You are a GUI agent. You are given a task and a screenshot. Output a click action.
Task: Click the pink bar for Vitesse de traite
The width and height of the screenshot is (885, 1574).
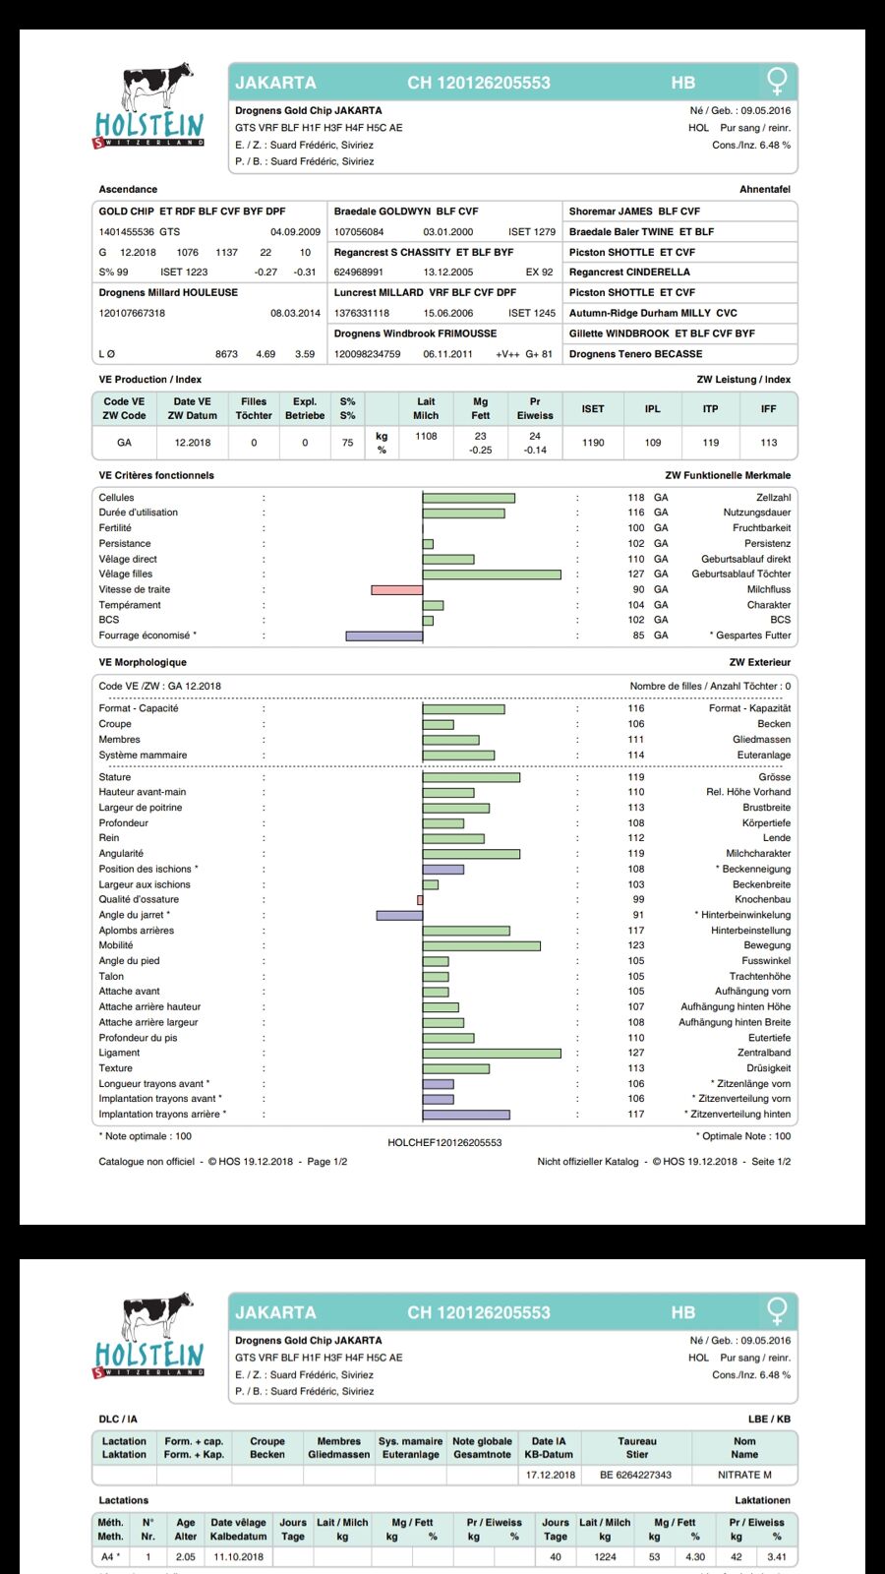[396, 589]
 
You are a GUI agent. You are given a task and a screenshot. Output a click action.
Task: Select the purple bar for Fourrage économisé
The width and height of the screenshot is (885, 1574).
[383, 636]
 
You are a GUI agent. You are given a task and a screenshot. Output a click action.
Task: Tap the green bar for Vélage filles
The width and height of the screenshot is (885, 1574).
[492, 574]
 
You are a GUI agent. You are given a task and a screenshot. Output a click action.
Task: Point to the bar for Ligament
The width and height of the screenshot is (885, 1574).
[492, 1053]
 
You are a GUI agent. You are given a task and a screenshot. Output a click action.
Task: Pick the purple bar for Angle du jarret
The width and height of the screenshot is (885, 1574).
[399, 915]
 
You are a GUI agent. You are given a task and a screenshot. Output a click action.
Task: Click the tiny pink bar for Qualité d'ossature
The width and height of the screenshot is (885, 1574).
[420, 899]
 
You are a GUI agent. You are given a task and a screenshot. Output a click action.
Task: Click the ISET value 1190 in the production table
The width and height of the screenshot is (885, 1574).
[593, 443]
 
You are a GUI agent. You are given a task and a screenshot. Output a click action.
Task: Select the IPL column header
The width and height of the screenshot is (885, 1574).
[653, 408]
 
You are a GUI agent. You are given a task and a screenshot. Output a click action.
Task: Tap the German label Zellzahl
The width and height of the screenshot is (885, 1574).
[773, 498]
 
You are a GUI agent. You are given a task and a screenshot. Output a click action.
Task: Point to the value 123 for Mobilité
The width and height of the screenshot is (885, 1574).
[636, 945]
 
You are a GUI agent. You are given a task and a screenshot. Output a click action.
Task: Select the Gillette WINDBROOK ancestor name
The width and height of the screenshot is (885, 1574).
[619, 333]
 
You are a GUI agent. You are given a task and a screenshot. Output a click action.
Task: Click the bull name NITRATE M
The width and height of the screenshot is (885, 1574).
[744, 1475]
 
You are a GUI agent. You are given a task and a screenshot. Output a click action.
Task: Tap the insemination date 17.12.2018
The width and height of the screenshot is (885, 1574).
[551, 1475]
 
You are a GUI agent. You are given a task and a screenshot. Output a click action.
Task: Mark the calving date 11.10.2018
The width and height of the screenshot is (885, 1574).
[238, 1557]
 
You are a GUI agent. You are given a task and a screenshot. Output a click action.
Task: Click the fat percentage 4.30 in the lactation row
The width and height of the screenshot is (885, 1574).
[695, 1557]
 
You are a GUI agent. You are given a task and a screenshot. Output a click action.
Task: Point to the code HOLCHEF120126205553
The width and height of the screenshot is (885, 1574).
[444, 1142]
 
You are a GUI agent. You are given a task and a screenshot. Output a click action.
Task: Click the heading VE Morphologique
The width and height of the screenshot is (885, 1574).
[143, 662]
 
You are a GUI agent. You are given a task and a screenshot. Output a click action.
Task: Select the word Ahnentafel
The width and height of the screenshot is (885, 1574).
[765, 189]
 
